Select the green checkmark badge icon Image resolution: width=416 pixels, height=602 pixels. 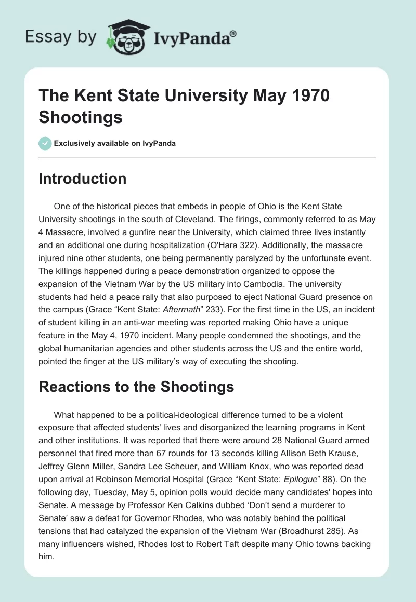pyautogui.click(x=45, y=143)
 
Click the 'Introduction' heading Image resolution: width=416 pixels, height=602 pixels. pyautogui.click(x=83, y=179)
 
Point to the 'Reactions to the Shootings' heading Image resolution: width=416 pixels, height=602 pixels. pyautogui.click(x=136, y=387)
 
